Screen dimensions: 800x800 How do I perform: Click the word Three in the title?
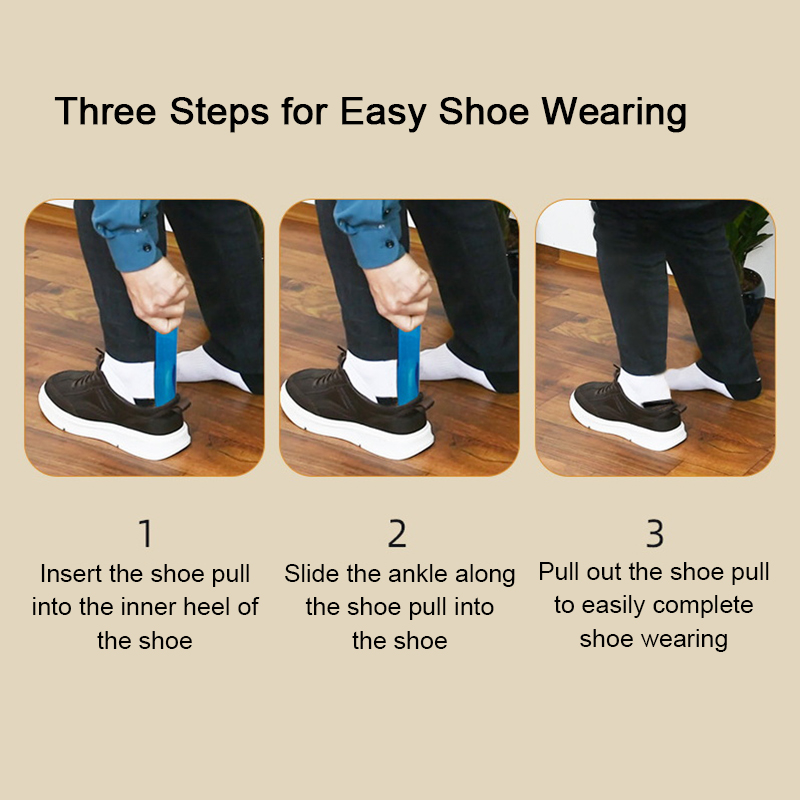[x=106, y=111]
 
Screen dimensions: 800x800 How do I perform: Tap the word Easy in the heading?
[x=383, y=112]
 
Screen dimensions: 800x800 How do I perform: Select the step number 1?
[x=146, y=534]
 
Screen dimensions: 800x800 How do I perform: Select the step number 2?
[x=397, y=534]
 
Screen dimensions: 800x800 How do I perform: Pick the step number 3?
[x=655, y=534]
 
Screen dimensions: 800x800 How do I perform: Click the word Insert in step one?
[x=71, y=573]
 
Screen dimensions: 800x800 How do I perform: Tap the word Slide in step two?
[x=312, y=573]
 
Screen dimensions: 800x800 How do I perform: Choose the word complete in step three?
[x=703, y=606]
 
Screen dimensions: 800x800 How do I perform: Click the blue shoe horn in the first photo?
[x=166, y=366]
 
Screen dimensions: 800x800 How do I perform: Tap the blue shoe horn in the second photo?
[x=409, y=365]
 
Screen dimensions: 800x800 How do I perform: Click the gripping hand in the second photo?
[x=399, y=292]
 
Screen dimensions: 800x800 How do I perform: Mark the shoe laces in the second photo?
[x=330, y=368]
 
